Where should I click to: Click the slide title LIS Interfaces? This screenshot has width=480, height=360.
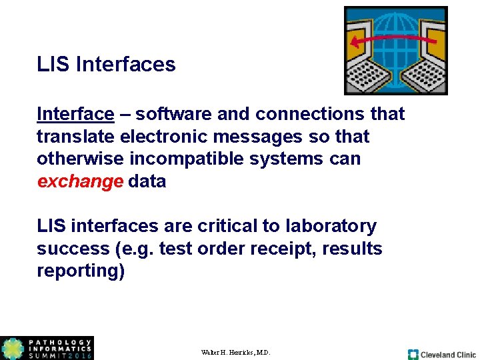tap(106, 65)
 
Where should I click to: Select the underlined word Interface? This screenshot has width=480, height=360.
tap(75, 114)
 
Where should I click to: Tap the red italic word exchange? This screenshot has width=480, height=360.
tap(80, 181)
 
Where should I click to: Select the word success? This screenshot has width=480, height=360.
tap(71, 249)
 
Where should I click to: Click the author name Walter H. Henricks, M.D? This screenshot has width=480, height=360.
tap(235, 352)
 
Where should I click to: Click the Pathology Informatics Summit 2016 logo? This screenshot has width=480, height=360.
tap(47, 348)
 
